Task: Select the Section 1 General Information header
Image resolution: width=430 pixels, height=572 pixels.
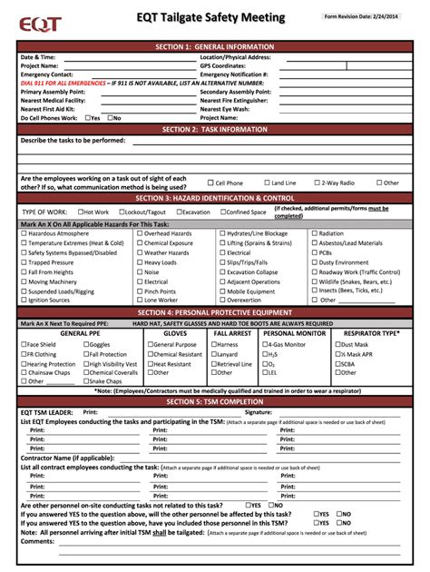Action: pyautogui.click(x=215, y=46)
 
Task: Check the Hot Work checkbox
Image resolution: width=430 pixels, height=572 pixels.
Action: pyautogui.click(x=81, y=212)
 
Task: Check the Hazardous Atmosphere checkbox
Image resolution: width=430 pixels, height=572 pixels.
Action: pyautogui.click(x=24, y=233)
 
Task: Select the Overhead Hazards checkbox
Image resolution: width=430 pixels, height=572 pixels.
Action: pyautogui.click(x=140, y=233)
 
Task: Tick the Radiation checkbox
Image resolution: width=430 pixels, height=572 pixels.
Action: pyautogui.click(x=314, y=233)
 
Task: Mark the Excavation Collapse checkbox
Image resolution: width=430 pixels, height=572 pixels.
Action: pyautogui.click(x=222, y=271)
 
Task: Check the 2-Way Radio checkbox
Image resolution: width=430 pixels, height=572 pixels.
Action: pyautogui.click(x=317, y=182)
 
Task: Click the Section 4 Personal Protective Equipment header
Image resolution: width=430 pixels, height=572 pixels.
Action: pyautogui.click(x=215, y=313)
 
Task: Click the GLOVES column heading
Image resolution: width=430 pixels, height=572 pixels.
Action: pyautogui.click(x=175, y=333)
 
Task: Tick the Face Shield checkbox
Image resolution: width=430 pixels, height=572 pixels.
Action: pyautogui.click(x=24, y=344)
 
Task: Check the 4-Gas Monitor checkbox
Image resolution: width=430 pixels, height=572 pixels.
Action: pyautogui.click(x=265, y=344)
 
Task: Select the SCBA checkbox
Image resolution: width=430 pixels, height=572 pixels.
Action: pyautogui.click(x=337, y=363)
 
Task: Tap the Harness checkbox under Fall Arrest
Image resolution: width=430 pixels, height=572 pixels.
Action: pyautogui.click(x=214, y=344)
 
